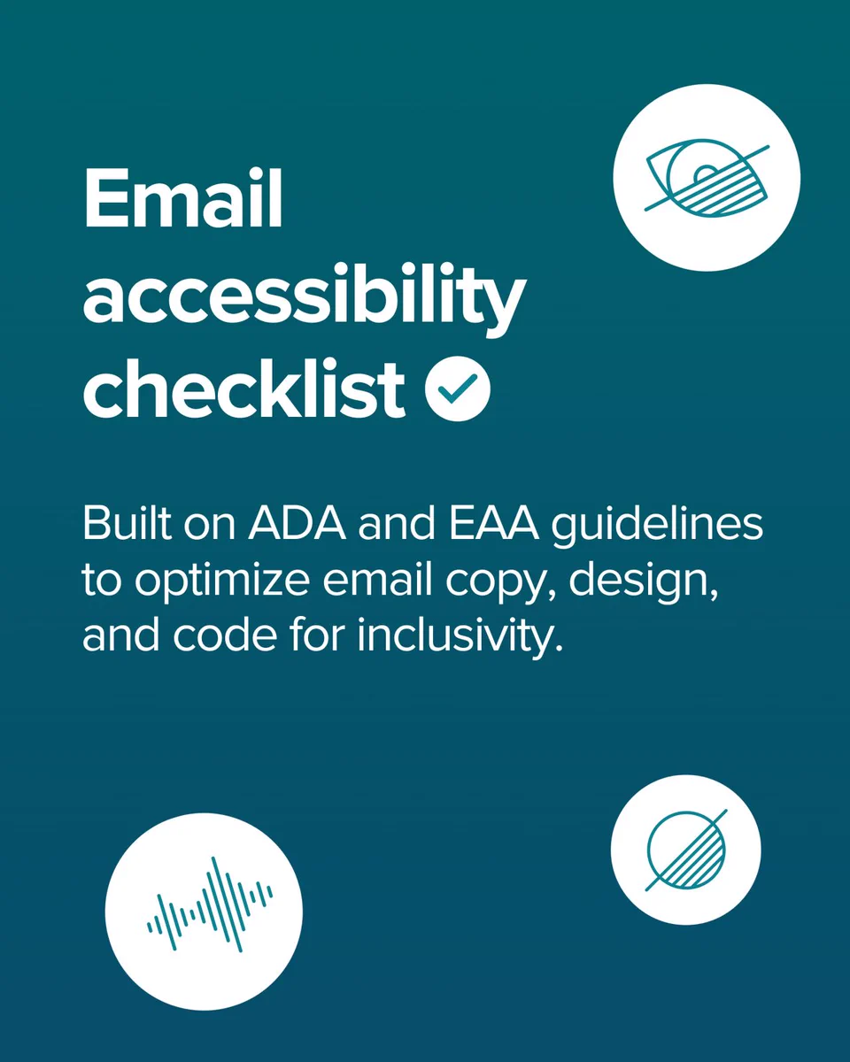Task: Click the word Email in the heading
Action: [183, 197]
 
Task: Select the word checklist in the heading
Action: [244, 389]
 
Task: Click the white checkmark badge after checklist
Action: [458, 389]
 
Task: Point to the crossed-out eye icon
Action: [707, 177]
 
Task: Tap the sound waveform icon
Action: [210, 904]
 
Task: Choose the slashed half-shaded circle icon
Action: [686, 850]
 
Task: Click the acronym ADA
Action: [297, 524]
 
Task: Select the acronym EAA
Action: [493, 524]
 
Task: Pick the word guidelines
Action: [657, 527]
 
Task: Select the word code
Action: [225, 635]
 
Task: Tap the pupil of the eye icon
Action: [705, 173]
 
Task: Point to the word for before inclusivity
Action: [315, 635]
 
